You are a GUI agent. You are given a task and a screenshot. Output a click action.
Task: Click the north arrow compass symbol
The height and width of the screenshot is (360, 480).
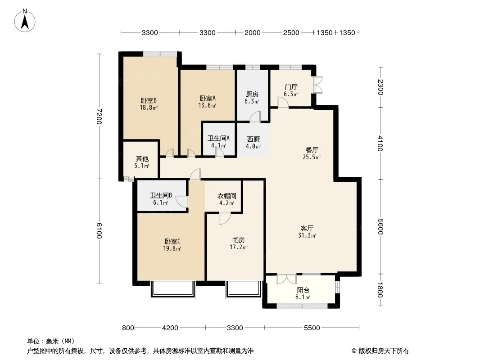tap(25, 21)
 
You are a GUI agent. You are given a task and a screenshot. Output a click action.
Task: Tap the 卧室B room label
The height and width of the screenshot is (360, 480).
tap(149, 100)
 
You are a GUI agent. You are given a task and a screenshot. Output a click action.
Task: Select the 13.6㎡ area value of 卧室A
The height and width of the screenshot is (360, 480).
tap(207, 105)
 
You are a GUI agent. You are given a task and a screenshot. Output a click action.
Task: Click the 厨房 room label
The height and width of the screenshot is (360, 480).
tap(252, 94)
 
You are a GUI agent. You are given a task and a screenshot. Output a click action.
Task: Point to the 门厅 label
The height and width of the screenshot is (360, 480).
tap(291, 87)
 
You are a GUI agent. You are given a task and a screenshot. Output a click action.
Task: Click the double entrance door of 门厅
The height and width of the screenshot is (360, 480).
tap(318, 85)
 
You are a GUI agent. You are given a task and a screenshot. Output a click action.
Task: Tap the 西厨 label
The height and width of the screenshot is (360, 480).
tap(254, 139)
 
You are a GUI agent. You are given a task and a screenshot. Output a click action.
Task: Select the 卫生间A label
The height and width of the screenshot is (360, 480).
tap(218, 138)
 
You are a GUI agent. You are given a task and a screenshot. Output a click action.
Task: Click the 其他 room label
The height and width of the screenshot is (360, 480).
tap(142, 158)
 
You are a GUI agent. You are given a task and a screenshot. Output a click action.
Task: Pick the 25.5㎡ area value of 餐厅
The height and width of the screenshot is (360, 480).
tap(312, 157)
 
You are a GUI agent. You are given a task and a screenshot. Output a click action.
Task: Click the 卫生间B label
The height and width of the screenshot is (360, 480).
tap(161, 195)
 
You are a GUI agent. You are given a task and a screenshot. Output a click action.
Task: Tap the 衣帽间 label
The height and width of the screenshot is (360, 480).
tap(227, 196)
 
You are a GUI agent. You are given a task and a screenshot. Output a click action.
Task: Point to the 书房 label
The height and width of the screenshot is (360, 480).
tap(239, 240)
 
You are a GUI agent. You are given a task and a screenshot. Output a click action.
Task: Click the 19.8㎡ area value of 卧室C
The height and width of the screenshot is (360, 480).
tap(172, 249)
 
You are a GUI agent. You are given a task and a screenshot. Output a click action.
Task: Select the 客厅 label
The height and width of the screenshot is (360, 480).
tap(307, 228)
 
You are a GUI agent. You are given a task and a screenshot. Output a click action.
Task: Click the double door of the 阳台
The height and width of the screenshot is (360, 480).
tap(286, 279)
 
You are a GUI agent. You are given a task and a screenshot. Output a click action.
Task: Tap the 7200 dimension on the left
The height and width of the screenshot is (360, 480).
tap(99, 116)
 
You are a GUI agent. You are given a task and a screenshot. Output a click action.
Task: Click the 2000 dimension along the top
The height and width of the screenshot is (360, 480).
tap(252, 33)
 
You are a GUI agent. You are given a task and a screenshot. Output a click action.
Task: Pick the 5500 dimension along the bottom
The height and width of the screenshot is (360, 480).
tap(312, 328)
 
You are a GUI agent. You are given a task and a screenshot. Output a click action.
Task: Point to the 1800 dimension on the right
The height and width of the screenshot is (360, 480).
tap(380, 290)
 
